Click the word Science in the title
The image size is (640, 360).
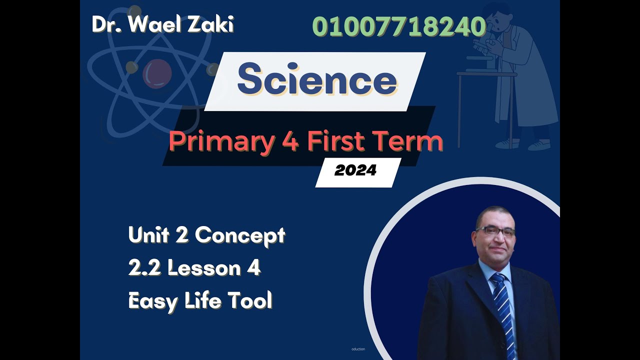coord(317,81)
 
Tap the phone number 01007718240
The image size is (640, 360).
coord(399,27)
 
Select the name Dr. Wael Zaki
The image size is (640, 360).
coord(163,25)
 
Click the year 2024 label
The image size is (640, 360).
coord(355,171)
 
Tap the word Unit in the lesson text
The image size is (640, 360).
coord(147,235)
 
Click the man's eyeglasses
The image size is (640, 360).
coord(495,231)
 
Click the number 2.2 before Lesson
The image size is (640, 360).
coord(144,268)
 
